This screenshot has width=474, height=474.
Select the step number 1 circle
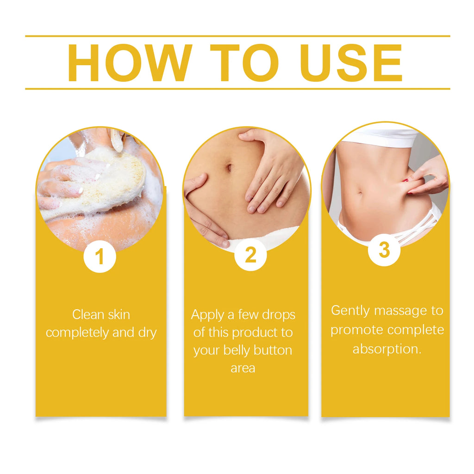coord(100,256)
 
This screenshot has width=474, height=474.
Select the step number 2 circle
coord(250,255)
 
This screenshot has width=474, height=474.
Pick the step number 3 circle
coord(384,250)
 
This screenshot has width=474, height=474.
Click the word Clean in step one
coord(88,315)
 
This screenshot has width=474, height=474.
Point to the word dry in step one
coord(147,333)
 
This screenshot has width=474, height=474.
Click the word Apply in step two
coord(207,315)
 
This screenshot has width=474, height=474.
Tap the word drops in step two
coord(278,315)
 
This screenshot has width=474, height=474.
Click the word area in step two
coord(243,368)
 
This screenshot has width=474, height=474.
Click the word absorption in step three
coord(387,349)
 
